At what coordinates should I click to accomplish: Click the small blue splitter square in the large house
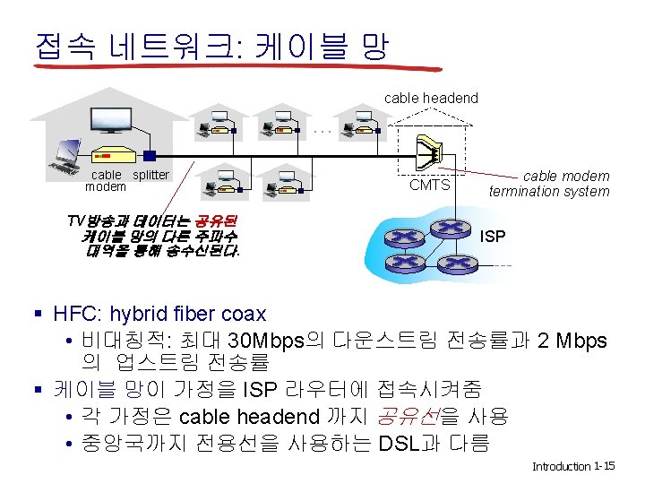[x=150, y=155]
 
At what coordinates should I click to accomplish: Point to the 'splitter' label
[x=150, y=175]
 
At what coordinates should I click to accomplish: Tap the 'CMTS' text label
[x=429, y=185]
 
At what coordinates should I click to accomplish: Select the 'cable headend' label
[x=431, y=98]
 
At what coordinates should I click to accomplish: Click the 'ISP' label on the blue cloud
[x=493, y=237]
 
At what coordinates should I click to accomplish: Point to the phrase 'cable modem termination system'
[x=549, y=184]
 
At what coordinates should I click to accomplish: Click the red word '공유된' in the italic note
[x=214, y=220]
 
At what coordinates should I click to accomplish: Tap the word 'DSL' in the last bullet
[x=400, y=444]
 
